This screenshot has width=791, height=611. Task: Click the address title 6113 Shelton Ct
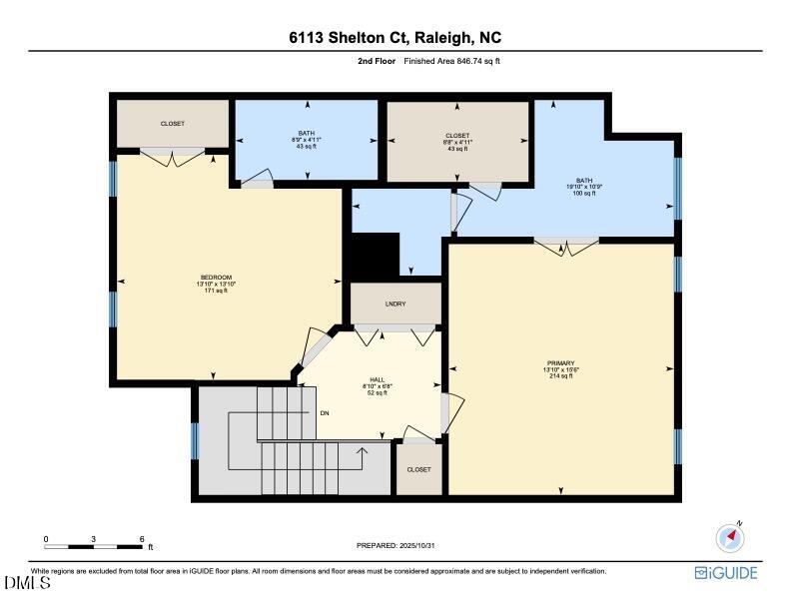[395, 38]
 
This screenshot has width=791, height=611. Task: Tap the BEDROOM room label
[216, 284]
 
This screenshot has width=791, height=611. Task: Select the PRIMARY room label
[560, 369]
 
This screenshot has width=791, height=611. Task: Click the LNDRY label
[395, 304]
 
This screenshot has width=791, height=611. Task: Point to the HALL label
[377, 385]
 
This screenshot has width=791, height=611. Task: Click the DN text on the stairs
[325, 412]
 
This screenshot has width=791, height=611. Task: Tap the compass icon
[731, 538]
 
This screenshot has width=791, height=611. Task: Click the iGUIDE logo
[726, 573]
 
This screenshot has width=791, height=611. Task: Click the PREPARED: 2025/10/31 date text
[397, 545]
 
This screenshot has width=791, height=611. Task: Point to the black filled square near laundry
[366, 256]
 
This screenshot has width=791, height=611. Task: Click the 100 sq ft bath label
[584, 187]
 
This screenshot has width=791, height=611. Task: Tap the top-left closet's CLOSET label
[173, 124]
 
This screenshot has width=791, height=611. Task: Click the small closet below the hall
[418, 469]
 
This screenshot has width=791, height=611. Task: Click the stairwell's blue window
[195, 440]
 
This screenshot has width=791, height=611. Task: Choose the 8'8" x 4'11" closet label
[457, 142]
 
